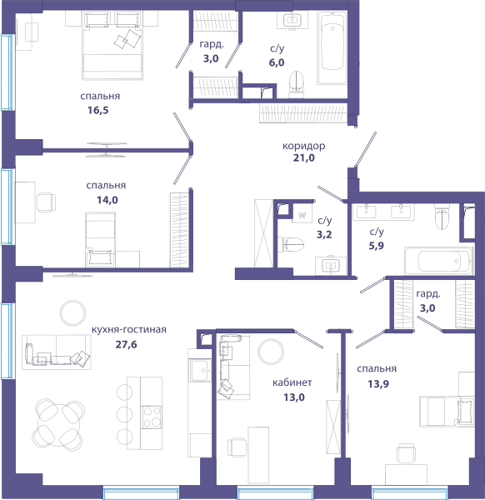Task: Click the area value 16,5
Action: tap(97, 110)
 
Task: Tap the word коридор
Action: tap(304, 147)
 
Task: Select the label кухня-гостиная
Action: tap(129, 329)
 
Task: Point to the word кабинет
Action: tap(292, 382)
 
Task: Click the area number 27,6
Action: tap(126, 344)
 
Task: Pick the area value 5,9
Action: tap(377, 246)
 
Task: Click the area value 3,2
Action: tap(324, 235)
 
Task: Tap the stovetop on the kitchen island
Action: tap(151, 417)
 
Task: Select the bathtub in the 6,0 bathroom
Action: tap(332, 47)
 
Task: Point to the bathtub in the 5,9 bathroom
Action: tap(439, 261)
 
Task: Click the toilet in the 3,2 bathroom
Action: tap(291, 244)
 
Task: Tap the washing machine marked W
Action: tap(302, 215)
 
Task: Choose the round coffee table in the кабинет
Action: tap(271, 352)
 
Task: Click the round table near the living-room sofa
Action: tap(72, 312)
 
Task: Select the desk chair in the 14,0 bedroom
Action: tap(46, 202)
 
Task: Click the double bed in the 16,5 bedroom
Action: tap(112, 45)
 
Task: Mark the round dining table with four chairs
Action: tap(58, 424)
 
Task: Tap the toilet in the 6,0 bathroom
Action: tap(297, 83)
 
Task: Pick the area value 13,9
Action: tap(378, 384)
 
